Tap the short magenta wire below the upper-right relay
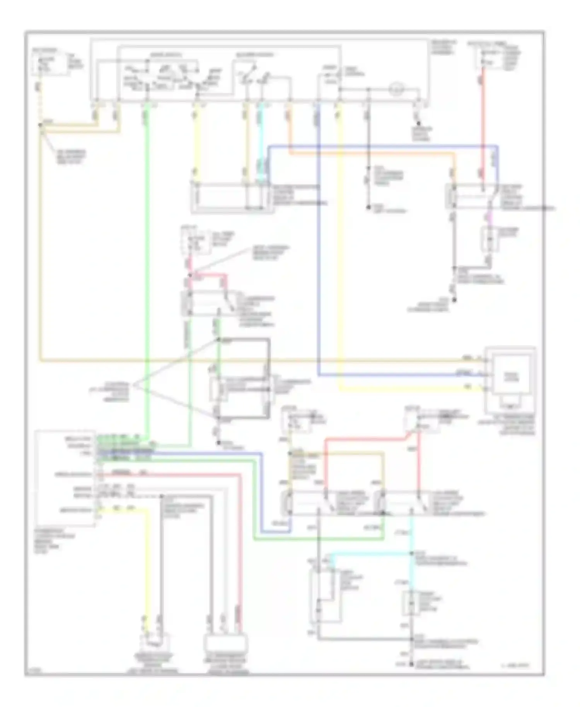490,219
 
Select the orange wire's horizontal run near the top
371,154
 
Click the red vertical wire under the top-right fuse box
483,124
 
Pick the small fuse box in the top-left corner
45,65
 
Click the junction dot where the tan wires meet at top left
41,125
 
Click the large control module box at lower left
65,478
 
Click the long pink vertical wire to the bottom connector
240,549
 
